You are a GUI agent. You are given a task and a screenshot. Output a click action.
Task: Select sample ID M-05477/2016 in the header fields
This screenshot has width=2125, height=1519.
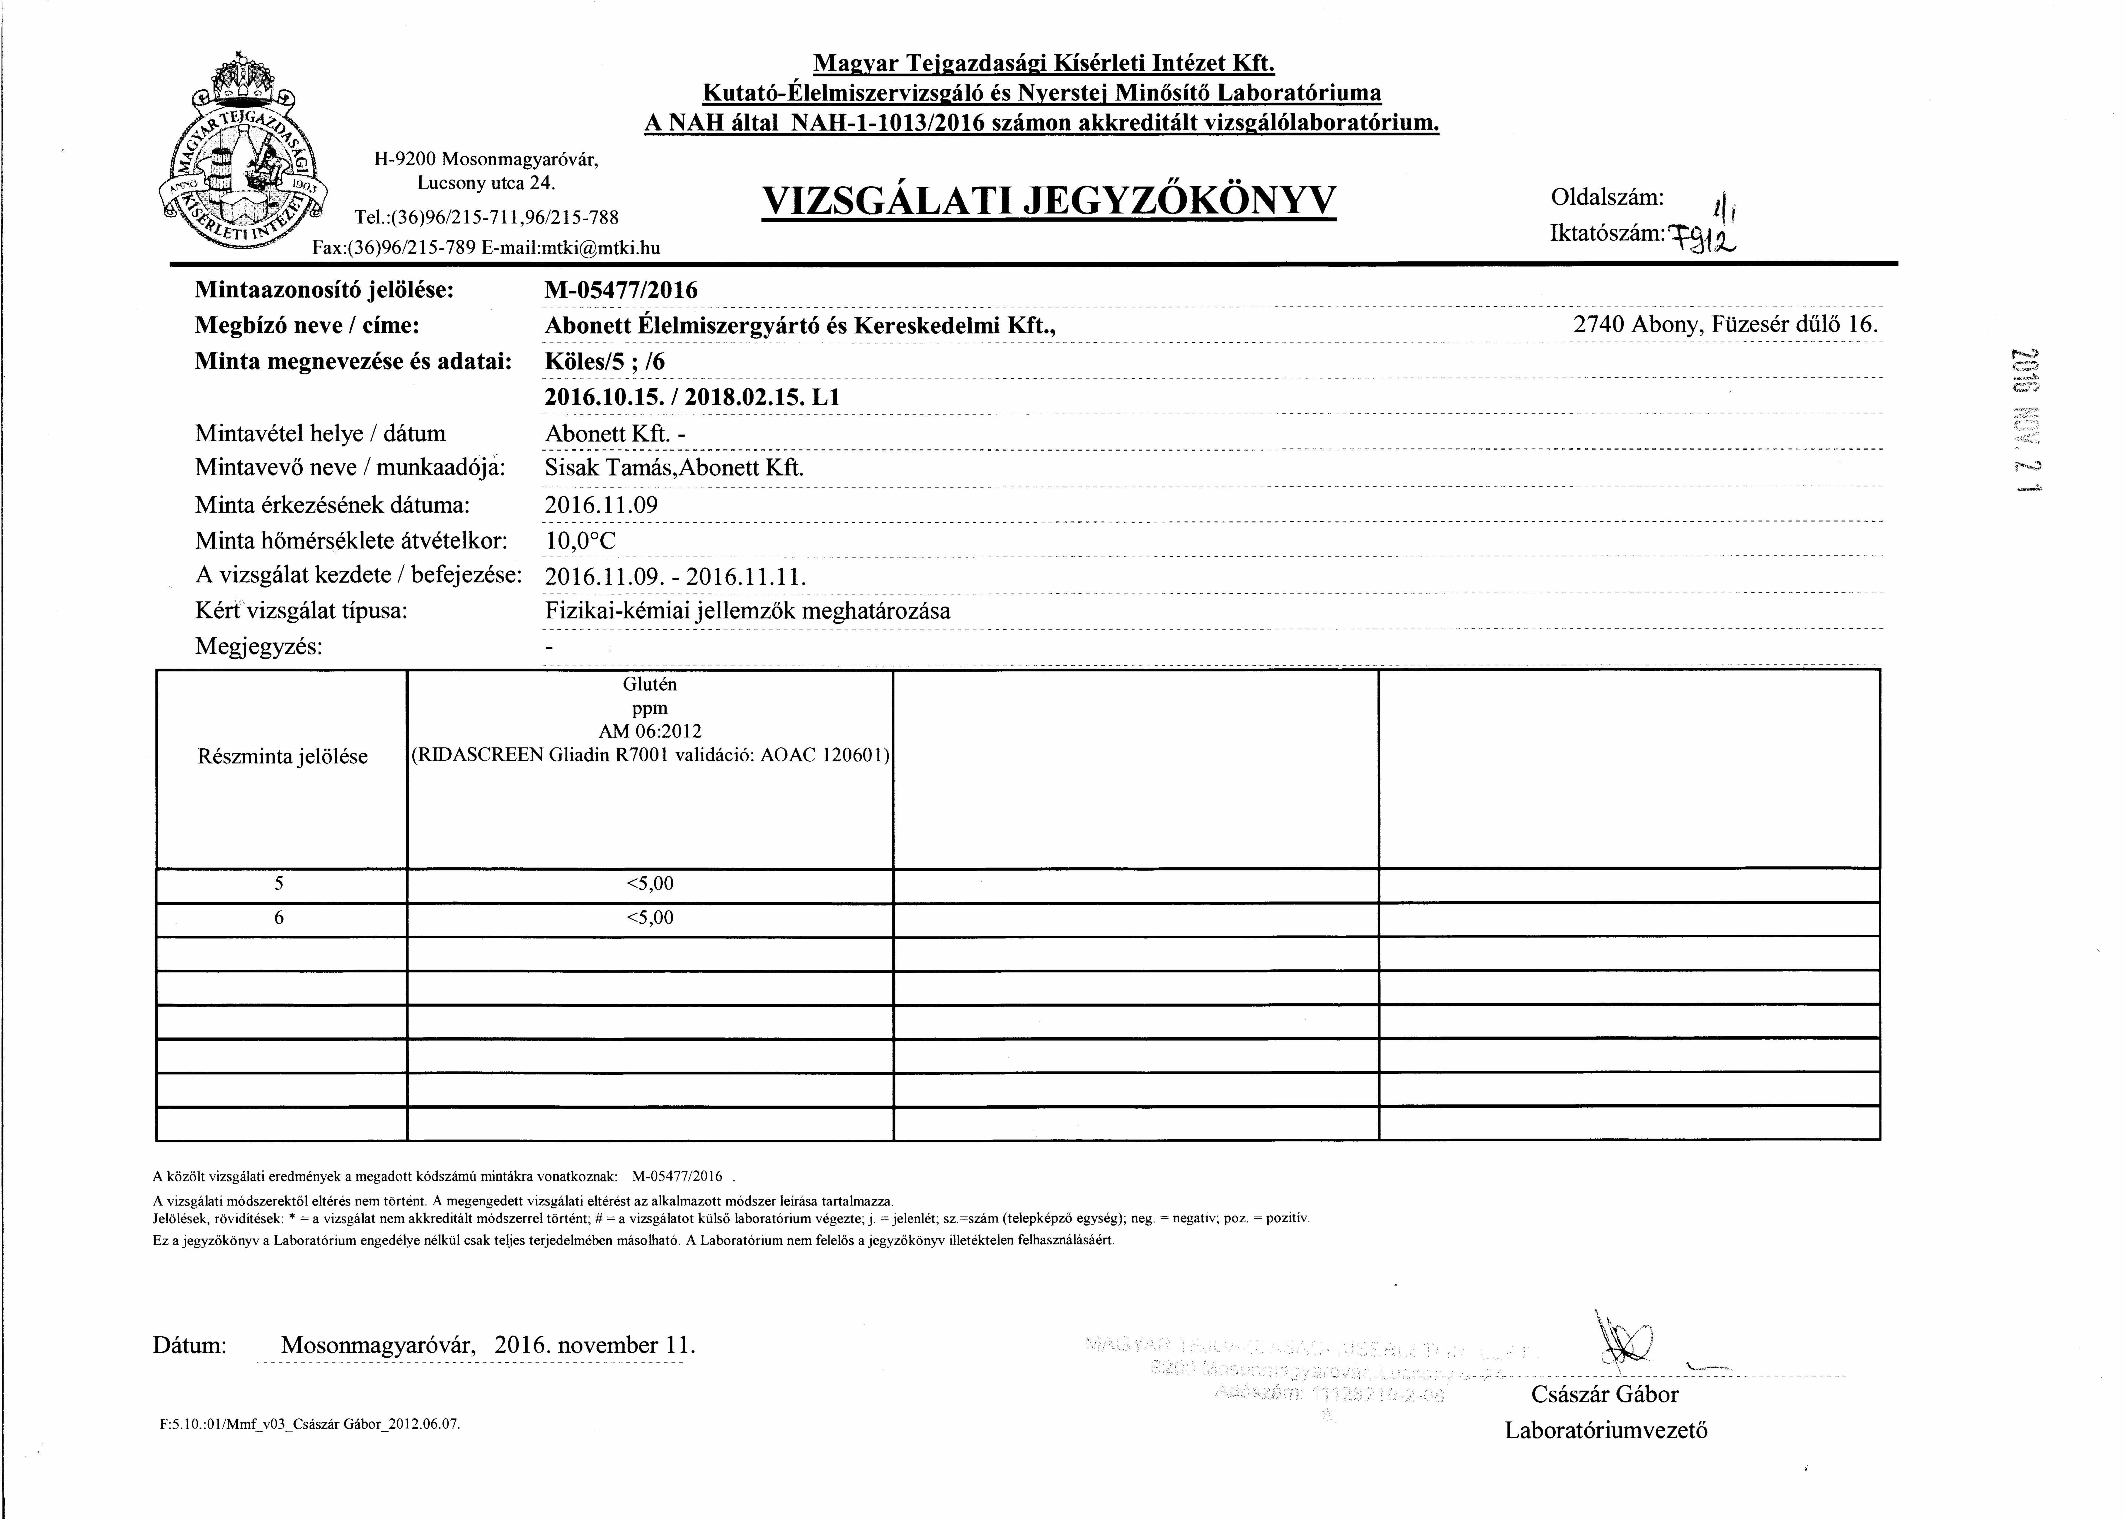tap(621, 290)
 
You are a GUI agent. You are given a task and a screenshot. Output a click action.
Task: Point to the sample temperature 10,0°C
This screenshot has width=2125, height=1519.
tap(580, 541)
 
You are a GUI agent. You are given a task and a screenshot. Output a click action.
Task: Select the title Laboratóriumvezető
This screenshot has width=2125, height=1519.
tap(1606, 1430)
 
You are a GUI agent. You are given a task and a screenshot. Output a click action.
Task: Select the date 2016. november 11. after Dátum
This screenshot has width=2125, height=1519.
tap(595, 1345)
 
